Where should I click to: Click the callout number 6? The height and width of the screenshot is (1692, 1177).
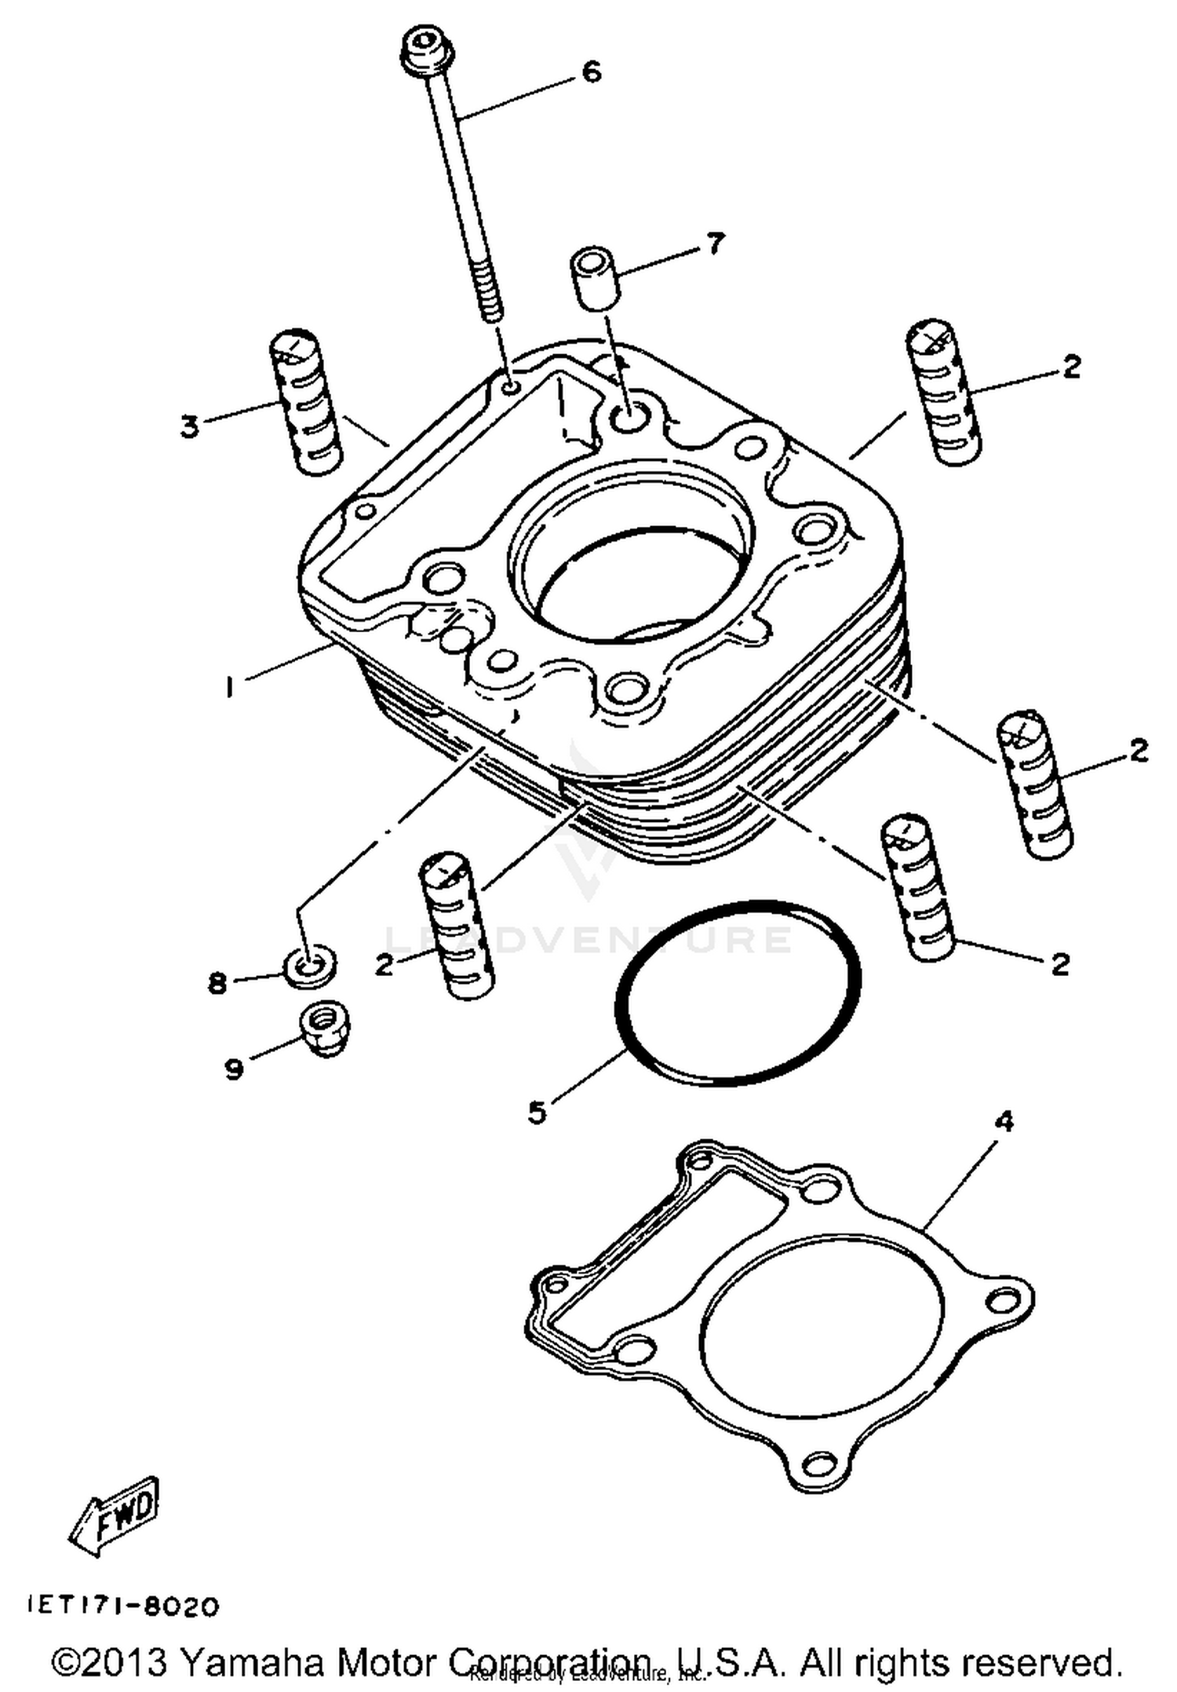coord(591,72)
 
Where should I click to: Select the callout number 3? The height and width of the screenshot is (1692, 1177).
coord(190,428)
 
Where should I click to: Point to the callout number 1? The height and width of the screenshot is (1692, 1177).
coord(229,688)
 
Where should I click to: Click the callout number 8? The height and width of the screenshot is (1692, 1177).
coord(217,982)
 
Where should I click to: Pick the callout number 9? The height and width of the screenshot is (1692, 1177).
coord(234,1068)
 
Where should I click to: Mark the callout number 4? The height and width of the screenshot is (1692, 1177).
coord(1004,1122)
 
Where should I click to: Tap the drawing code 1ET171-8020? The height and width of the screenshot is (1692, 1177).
coord(124,1606)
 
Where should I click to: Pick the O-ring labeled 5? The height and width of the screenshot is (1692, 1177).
coord(738,993)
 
